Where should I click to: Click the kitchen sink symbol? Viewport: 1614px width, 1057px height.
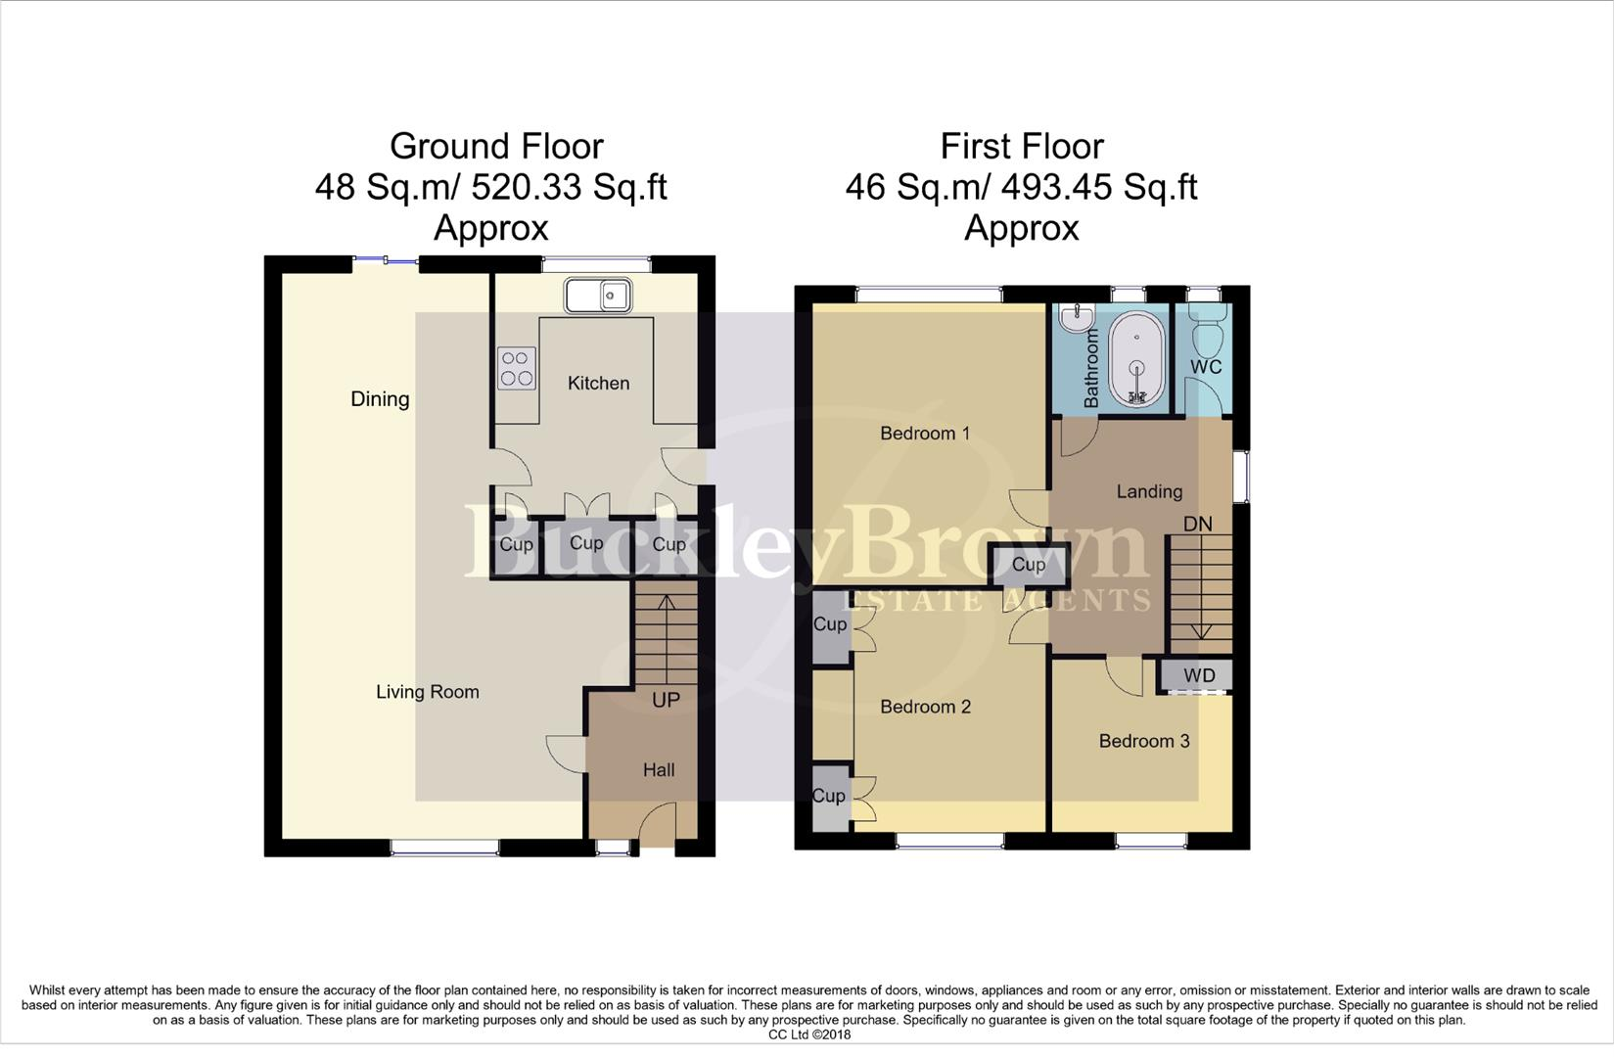pos(598,295)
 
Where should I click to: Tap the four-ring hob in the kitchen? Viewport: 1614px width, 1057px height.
pos(516,368)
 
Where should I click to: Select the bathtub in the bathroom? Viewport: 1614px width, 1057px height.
pos(1137,358)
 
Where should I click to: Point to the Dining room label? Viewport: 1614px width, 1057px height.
pos(380,398)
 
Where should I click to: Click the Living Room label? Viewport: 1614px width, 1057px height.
pos(428,692)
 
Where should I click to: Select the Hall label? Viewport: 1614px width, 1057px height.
pos(659,770)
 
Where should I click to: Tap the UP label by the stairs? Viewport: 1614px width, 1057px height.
pos(666,700)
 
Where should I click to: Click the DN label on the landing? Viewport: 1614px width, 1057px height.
pos(1197,524)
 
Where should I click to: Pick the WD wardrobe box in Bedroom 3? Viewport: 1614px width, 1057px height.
pos(1198,675)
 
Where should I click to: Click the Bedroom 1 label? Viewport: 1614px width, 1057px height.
pos(925,433)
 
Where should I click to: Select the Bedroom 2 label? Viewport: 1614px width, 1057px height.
pos(925,707)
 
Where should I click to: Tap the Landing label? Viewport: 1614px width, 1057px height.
pos(1149,491)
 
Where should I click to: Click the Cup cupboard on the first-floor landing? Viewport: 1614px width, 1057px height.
pos(1029,565)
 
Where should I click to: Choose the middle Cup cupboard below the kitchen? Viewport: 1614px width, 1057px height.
pos(586,543)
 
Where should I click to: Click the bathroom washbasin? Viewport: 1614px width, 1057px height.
pos(1077,316)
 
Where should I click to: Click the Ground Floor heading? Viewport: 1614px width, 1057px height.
pos(496,146)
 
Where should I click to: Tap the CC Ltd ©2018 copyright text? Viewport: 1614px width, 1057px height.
pos(808,1034)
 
